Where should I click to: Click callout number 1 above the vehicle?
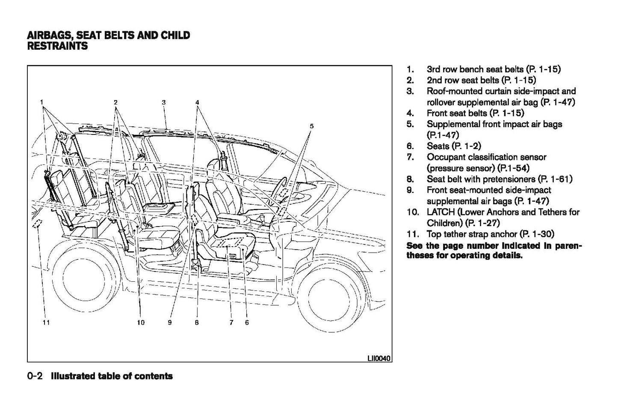coord(42,102)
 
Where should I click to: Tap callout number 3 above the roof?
coord(164,102)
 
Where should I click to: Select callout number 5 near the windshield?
coord(312,126)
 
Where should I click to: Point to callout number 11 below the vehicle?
coord(46,322)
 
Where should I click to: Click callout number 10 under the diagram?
coord(141,322)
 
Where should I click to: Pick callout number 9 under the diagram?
coord(170,322)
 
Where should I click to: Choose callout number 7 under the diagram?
coord(231,322)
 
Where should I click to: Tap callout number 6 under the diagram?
coord(247,322)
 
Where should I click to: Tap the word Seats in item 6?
coord(438,146)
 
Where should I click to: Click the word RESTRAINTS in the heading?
coord(57,46)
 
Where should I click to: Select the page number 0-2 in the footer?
coord(35,376)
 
